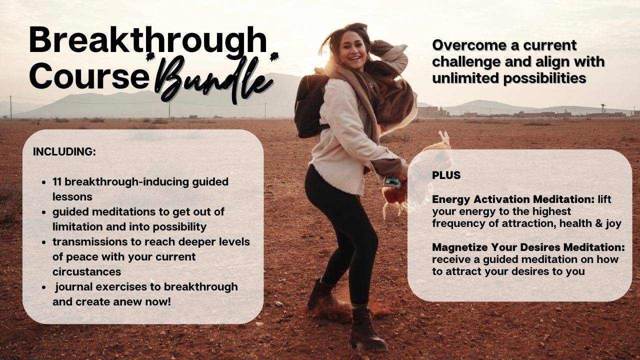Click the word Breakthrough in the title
147,41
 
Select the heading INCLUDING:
64,152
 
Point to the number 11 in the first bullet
57,181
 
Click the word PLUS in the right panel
446,175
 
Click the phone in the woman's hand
392,182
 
